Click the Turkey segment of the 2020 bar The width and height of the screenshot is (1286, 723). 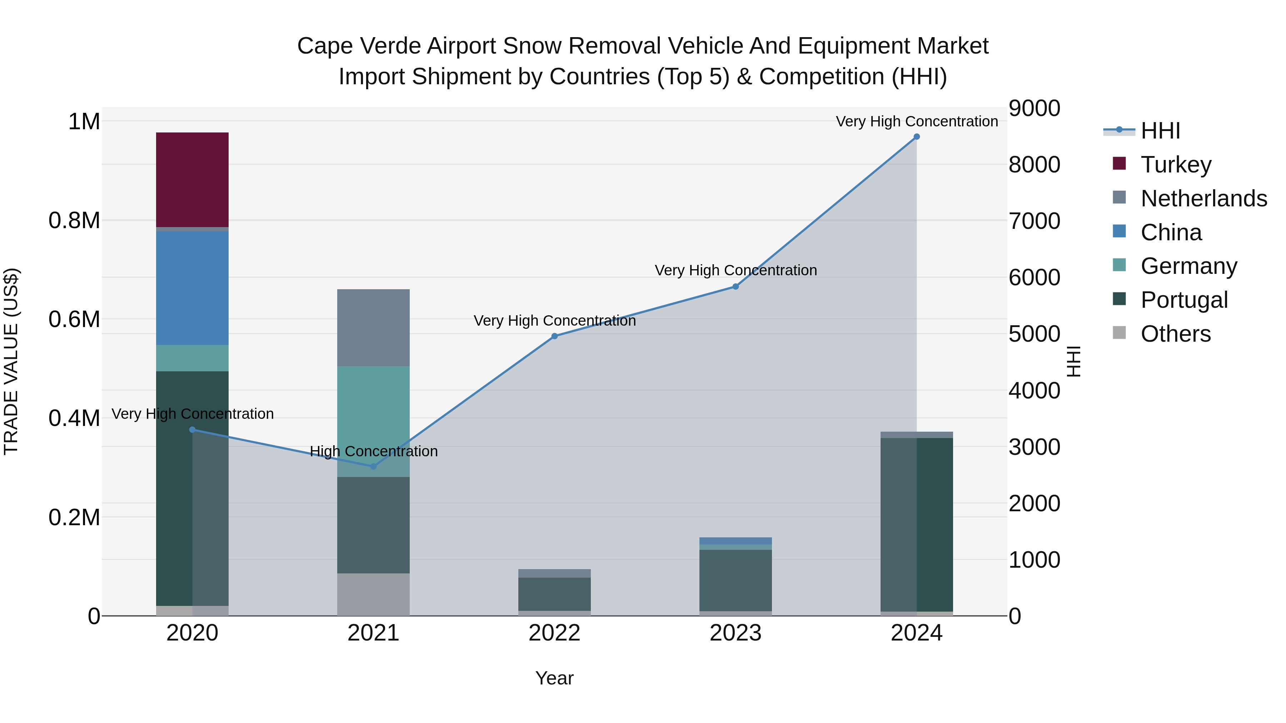pos(192,180)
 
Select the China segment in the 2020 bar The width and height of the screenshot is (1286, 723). pos(192,288)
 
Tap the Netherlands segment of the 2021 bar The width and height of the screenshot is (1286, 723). pos(373,328)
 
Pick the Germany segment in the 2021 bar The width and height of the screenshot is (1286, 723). pos(373,422)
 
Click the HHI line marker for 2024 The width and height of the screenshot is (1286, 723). pos(917,137)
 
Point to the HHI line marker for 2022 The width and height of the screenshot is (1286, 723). pos(554,336)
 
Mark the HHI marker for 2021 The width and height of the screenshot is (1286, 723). pos(373,467)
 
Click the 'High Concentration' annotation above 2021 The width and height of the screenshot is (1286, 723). pos(373,451)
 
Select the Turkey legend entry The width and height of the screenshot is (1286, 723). pos(1176,165)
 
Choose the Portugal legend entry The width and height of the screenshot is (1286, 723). pos(1184,300)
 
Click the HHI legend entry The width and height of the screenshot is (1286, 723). pos(1160,131)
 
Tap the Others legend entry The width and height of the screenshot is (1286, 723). pos(1175,334)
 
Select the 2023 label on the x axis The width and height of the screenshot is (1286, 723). pos(736,633)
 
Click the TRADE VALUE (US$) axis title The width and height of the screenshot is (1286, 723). pos(11,361)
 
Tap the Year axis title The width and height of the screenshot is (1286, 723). pos(554,678)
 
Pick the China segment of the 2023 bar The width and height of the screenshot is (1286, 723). pos(736,541)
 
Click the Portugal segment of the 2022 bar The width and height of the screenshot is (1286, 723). pos(554,594)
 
